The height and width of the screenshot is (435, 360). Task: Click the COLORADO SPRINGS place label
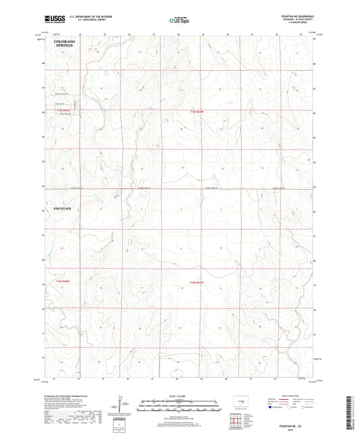point(64,45)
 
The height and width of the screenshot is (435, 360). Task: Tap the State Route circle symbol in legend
point(305,407)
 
